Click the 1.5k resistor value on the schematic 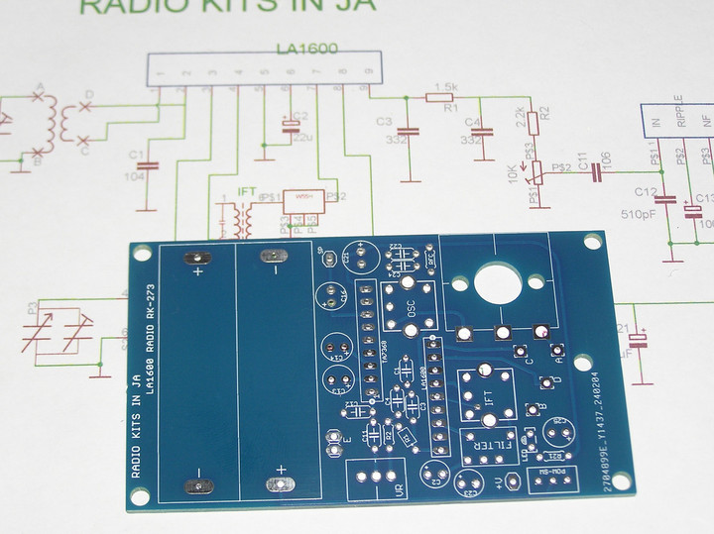tap(445, 87)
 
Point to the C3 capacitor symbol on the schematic tap(408, 131)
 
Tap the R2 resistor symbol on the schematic tap(534, 123)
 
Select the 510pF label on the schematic tap(640, 213)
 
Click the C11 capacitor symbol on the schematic tap(597, 175)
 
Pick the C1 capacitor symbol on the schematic tap(148, 165)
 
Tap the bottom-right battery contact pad tap(276, 484)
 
